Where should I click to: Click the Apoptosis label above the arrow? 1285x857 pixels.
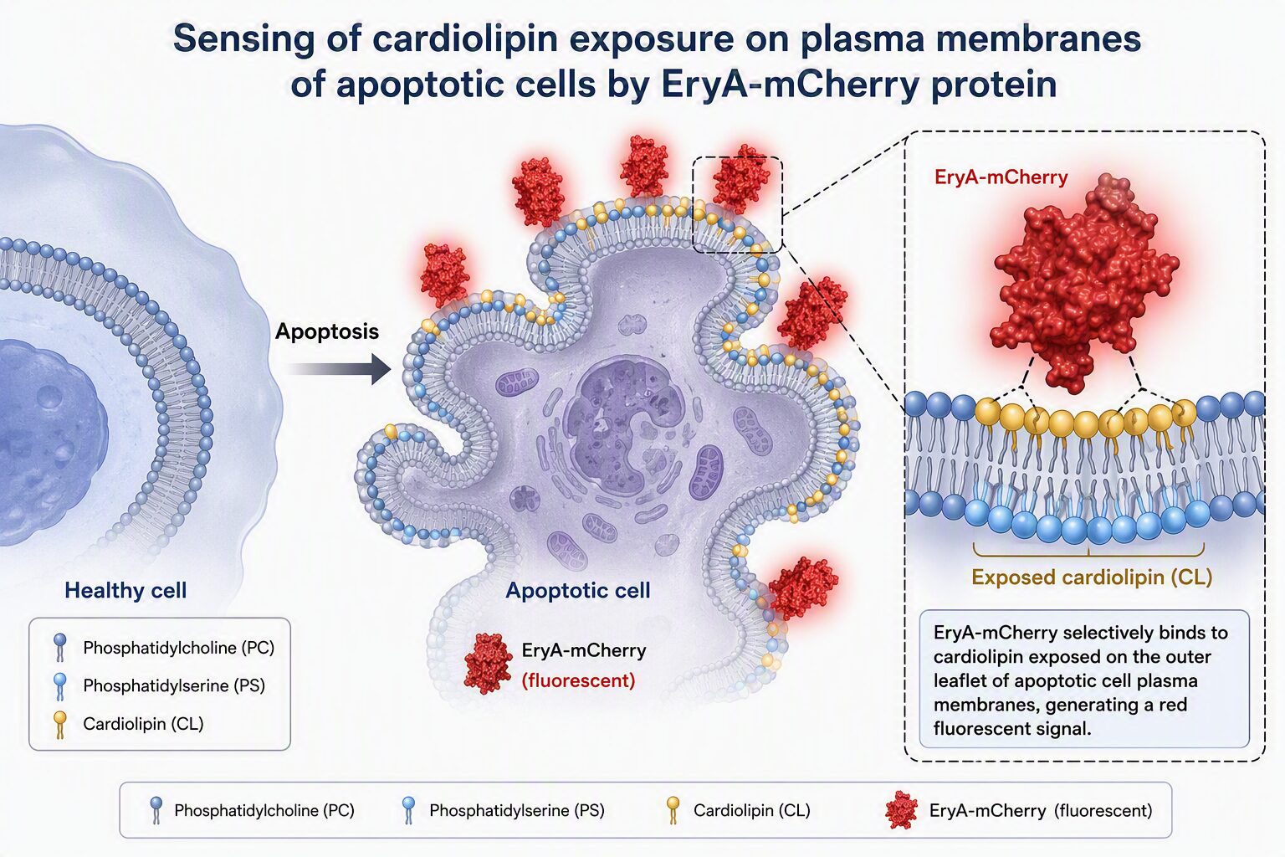coord(327,331)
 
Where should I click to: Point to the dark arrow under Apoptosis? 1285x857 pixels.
coord(339,368)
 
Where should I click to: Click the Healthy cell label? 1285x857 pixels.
coord(125,590)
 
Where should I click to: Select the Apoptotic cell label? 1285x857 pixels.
coord(578,590)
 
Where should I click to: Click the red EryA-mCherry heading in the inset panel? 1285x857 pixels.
coord(1001,177)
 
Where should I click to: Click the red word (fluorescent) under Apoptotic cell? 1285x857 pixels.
coord(578,680)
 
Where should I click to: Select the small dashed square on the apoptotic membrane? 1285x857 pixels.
coord(738,204)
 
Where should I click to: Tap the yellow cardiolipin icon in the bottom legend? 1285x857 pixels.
coord(673,810)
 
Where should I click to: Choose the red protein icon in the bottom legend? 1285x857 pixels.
coord(901,810)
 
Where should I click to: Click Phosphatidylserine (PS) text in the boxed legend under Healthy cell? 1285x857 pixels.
coord(174,685)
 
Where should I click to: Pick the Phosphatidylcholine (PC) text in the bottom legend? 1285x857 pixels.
coord(264,810)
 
